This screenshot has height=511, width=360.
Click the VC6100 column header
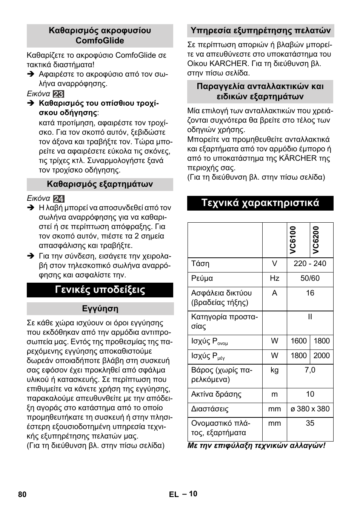click(293, 240)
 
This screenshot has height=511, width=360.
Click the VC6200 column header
click(316, 240)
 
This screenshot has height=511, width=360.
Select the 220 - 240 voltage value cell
click(310, 264)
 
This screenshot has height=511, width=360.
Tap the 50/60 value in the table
click(310, 279)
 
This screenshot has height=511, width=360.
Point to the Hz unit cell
click(274, 279)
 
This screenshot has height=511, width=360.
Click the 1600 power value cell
click(298, 341)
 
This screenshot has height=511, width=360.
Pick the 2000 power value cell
click(322, 356)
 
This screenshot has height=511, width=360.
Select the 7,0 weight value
click(310, 370)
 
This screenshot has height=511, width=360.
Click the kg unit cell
click(274, 370)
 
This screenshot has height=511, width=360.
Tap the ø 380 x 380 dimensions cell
click(310, 409)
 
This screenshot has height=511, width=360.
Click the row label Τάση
click(200, 264)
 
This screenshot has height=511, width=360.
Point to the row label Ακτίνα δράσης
click(216, 394)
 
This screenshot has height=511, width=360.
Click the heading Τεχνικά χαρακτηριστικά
click(260, 203)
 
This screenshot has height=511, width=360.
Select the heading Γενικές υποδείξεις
click(100, 290)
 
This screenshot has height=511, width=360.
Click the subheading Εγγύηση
click(100, 309)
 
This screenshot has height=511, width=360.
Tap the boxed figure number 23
click(58, 94)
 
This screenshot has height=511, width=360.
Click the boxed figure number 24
click(58, 199)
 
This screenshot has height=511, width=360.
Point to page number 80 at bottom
click(22, 494)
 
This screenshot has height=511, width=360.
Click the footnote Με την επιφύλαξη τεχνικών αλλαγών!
click(256, 446)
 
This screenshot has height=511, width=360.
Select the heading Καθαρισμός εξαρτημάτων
click(100, 184)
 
